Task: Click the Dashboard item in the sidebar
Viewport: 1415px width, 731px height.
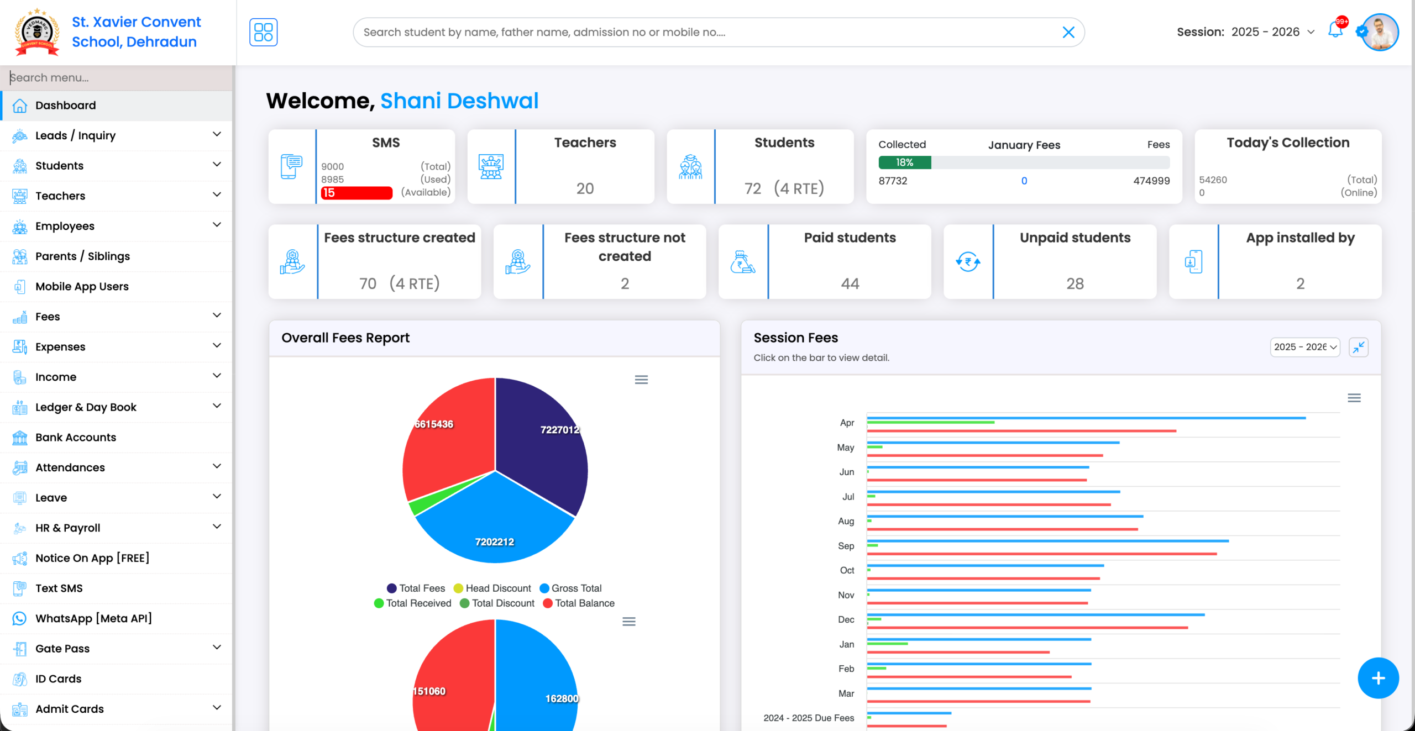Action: click(65, 106)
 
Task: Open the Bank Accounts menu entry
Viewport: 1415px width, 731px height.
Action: click(76, 437)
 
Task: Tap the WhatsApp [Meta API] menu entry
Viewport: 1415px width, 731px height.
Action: click(93, 618)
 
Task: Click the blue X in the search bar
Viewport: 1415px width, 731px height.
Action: click(1068, 33)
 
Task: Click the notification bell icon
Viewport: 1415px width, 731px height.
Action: click(1335, 30)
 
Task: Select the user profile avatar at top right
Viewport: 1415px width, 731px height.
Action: click(1380, 32)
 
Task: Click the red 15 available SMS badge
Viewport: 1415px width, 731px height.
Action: click(356, 193)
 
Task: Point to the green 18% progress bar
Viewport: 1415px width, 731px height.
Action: click(904, 162)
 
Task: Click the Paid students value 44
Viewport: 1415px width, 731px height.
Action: click(850, 283)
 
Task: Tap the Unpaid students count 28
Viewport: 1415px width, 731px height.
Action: click(1075, 283)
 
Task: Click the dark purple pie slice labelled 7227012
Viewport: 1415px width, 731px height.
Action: click(544, 442)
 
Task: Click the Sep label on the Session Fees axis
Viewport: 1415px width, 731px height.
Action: click(846, 546)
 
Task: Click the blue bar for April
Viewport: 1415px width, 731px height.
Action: click(1086, 418)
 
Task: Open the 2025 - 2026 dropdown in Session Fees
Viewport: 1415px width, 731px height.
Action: click(1304, 347)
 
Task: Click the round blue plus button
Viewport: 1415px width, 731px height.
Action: click(1378, 678)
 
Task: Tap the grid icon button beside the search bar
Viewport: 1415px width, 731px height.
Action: click(263, 32)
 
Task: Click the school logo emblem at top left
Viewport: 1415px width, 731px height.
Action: click(37, 32)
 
